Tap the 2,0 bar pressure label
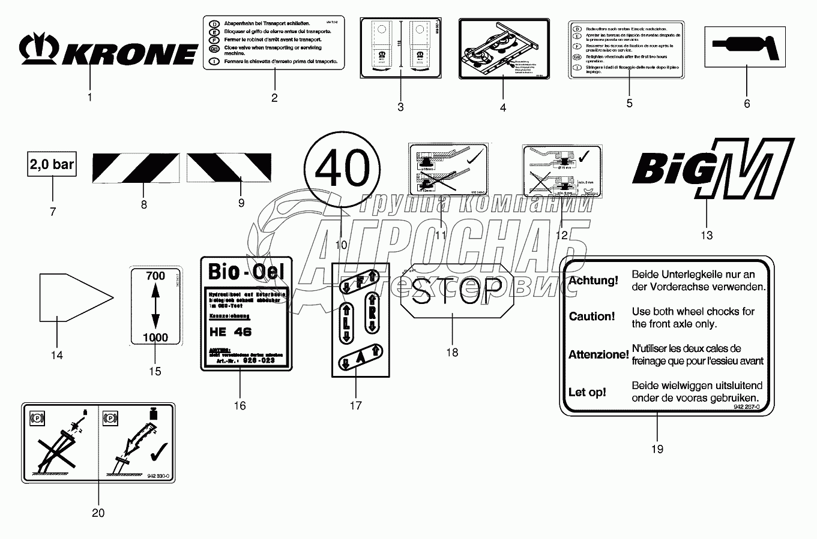[x=52, y=164]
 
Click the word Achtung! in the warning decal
[x=593, y=281]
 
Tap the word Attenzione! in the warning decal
[x=598, y=355]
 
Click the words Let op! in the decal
[x=587, y=393]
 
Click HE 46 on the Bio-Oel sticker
[x=231, y=332]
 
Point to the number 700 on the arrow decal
[x=155, y=276]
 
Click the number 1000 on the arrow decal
[x=155, y=338]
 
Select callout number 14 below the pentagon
[x=56, y=356]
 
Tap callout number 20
[x=98, y=513]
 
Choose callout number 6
[x=747, y=104]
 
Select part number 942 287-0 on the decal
[x=746, y=406]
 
